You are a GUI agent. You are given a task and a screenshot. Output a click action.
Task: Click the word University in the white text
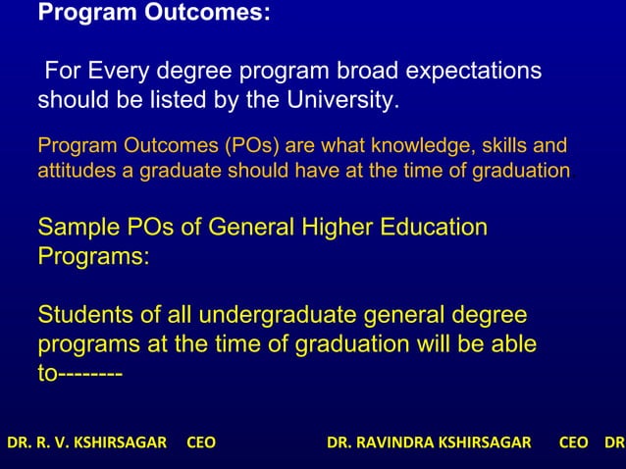pos(343,101)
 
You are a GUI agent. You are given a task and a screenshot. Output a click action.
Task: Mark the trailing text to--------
pos(79,375)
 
